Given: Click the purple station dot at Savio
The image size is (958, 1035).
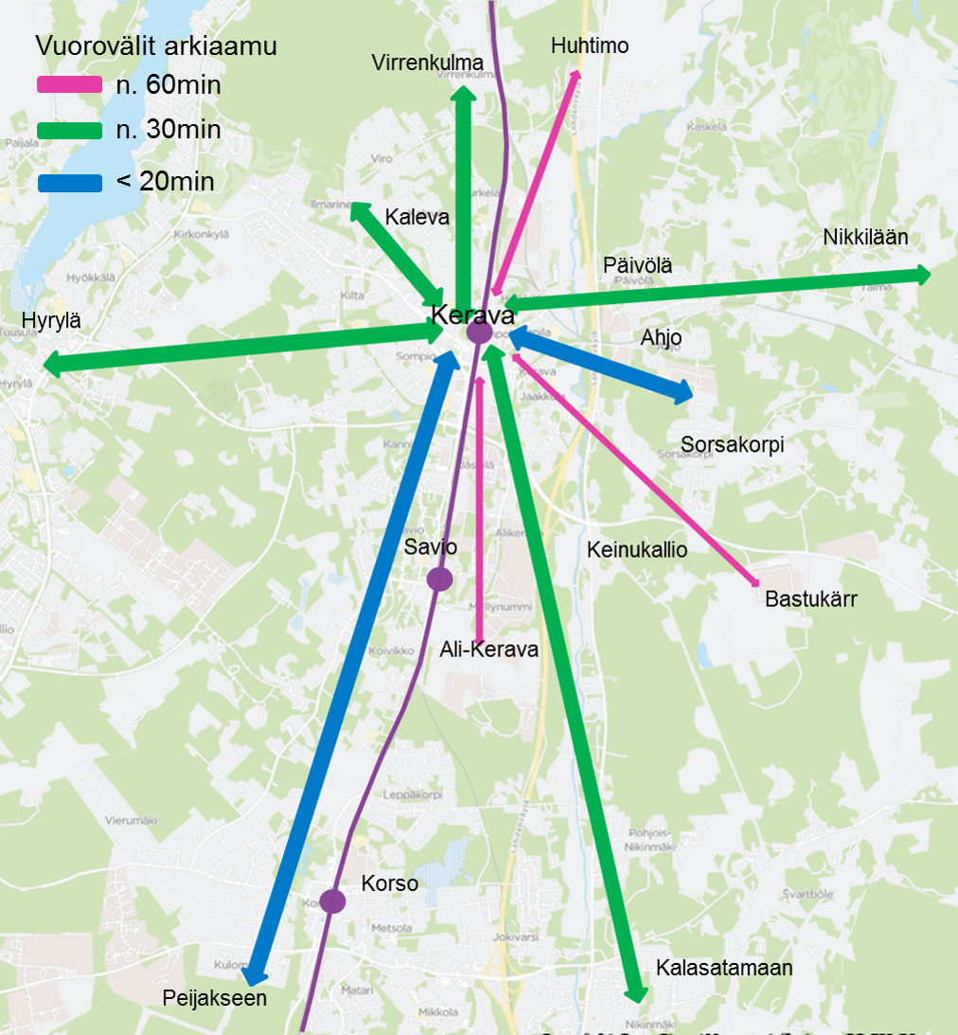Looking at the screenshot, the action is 439,579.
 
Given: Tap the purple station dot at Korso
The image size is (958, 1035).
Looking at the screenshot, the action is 332,901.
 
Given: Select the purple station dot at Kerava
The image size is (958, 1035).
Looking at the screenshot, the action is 479,332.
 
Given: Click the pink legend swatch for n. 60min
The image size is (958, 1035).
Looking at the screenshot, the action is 69,85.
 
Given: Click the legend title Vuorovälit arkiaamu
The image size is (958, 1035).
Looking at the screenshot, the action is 156,45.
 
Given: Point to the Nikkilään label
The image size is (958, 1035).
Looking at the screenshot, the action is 865,238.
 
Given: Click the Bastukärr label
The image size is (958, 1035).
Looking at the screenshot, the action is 810,599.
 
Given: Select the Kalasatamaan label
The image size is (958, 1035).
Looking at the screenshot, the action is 723,968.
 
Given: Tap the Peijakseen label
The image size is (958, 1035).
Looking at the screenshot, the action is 214,998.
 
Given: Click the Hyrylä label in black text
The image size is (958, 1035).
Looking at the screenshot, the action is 51,321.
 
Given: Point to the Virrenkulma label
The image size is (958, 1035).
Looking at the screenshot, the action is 428,63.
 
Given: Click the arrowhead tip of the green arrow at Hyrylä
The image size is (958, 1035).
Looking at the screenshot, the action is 47,364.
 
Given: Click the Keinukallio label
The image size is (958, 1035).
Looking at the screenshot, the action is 637,549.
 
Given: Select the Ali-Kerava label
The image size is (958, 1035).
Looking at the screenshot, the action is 488,650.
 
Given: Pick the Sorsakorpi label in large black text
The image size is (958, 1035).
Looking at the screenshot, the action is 733,444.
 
